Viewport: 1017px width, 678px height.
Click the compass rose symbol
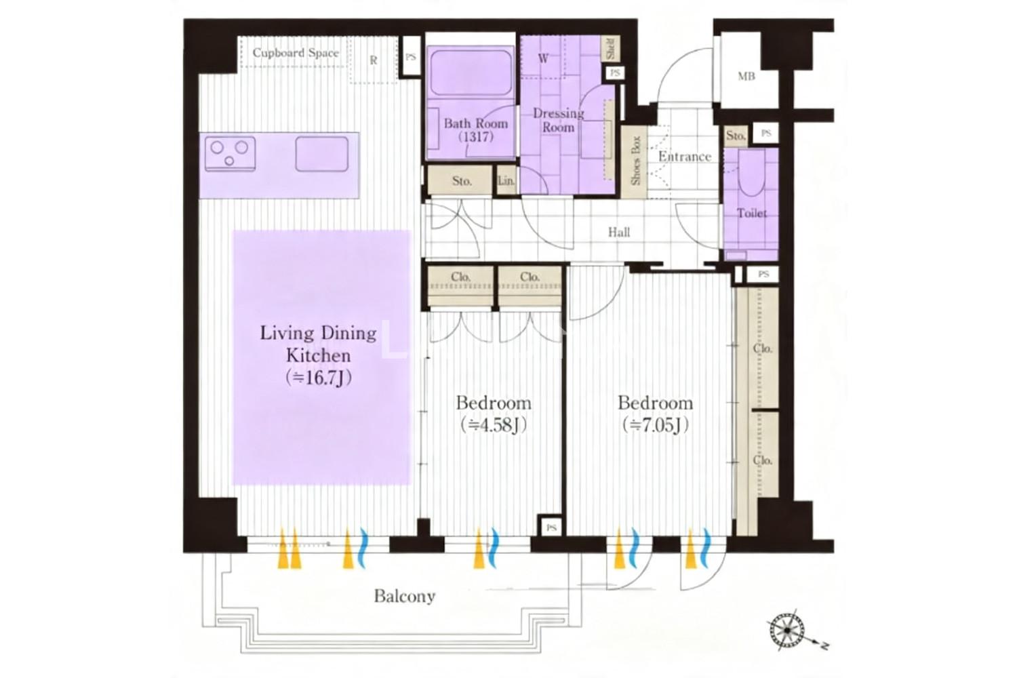click(x=787, y=631)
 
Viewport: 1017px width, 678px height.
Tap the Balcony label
click(x=405, y=596)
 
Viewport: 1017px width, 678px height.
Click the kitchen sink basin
click(x=322, y=154)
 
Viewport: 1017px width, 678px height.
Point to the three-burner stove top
click(x=231, y=154)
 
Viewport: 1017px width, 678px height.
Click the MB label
click(x=746, y=77)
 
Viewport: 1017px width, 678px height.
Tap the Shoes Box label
click(x=636, y=160)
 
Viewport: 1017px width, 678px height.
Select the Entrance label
click(x=685, y=157)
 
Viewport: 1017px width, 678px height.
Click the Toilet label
click(x=752, y=213)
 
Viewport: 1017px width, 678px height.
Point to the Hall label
click(x=619, y=233)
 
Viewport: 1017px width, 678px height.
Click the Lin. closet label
click(x=506, y=181)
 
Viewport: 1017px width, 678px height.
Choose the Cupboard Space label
click(x=296, y=53)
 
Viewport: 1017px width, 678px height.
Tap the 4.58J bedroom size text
click(x=494, y=426)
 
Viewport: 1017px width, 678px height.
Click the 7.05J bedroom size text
click(x=656, y=426)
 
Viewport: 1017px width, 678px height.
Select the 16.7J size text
click(x=319, y=378)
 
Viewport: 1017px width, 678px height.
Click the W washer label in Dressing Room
click(x=543, y=58)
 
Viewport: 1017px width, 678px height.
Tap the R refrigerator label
click(x=373, y=60)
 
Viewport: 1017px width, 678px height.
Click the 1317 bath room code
click(x=476, y=137)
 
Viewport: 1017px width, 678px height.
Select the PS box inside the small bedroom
click(x=551, y=527)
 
